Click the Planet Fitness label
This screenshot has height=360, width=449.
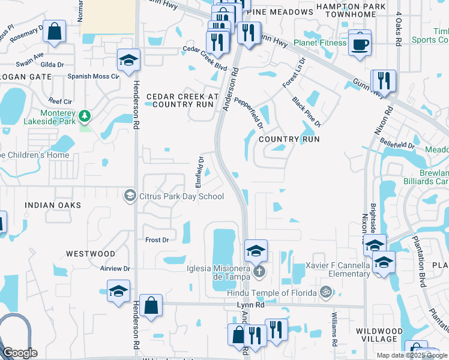(320, 43)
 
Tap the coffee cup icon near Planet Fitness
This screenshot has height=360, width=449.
(360, 44)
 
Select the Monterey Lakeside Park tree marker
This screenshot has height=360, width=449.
(85, 114)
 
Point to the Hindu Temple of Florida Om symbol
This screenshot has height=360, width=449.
(325, 293)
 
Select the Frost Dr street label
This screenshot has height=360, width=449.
(157, 240)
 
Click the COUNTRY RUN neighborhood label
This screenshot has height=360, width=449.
(289, 139)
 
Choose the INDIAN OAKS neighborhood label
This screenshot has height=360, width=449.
(53, 205)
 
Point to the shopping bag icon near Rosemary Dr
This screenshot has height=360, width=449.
(54, 33)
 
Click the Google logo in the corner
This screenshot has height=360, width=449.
(19, 353)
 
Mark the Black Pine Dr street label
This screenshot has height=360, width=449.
(307, 112)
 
